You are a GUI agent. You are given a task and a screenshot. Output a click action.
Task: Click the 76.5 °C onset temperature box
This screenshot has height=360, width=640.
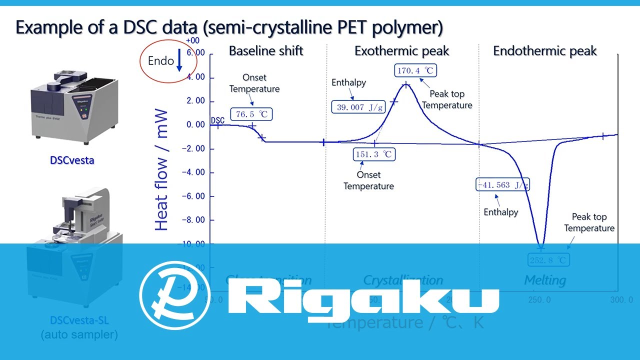(252, 114)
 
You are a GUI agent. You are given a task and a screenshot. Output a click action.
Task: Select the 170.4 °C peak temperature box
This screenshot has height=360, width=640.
(415, 70)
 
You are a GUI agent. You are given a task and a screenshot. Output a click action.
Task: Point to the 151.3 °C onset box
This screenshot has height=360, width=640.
(374, 154)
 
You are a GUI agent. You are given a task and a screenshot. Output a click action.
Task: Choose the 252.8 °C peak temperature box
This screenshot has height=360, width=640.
(548, 260)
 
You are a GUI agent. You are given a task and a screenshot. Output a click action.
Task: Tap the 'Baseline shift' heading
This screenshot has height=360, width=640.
(266, 51)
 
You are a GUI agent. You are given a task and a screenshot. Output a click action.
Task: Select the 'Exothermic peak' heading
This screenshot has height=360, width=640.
(402, 51)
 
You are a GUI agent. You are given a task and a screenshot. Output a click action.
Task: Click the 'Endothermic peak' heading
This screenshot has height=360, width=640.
(545, 51)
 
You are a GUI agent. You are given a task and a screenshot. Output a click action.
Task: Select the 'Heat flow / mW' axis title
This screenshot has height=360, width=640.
(161, 170)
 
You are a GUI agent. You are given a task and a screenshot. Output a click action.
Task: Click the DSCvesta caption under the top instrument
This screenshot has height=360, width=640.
(72, 160)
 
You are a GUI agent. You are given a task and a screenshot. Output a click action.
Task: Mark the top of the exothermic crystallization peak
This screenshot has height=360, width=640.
(406, 84)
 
